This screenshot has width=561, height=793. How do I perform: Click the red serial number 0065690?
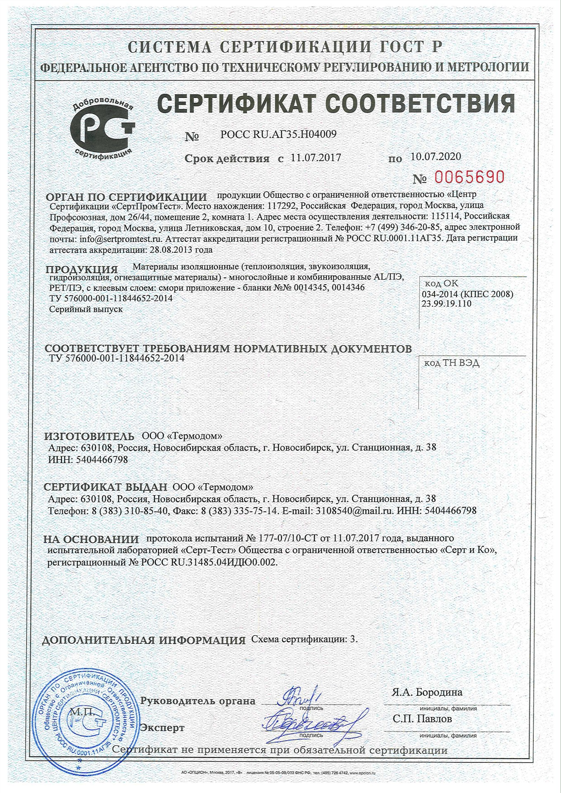[x=469, y=177]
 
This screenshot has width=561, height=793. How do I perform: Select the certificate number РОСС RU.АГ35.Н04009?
[x=278, y=134]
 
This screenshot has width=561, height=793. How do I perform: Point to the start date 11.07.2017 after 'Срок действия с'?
[x=316, y=157]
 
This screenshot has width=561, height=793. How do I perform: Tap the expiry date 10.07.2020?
[x=435, y=156]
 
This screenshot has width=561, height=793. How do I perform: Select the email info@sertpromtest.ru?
[x=119, y=239]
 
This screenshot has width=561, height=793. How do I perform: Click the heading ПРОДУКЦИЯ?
[x=82, y=269]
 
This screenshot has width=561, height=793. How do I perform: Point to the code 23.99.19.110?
[x=447, y=304]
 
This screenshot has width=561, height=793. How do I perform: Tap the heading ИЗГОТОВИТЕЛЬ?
[x=89, y=436]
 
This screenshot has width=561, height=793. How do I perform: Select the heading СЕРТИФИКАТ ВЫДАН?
[x=106, y=487]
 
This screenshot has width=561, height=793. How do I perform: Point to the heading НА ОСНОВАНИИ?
[x=91, y=539]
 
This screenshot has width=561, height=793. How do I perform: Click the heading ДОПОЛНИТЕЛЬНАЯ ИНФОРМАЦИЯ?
[x=144, y=641]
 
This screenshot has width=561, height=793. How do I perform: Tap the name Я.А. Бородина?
[x=427, y=692]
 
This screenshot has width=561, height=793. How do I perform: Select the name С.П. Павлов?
[x=423, y=719]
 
